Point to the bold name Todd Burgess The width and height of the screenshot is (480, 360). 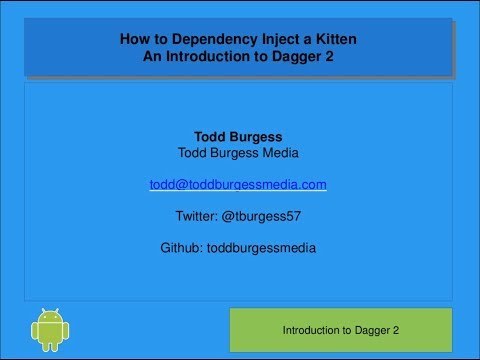(x=238, y=137)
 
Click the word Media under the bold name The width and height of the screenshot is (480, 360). (x=280, y=153)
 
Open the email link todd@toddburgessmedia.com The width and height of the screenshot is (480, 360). (x=238, y=184)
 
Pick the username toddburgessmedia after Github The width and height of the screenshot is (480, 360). (x=261, y=247)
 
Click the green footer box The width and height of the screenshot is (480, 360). (x=341, y=329)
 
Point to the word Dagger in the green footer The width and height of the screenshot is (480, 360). (x=375, y=329)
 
